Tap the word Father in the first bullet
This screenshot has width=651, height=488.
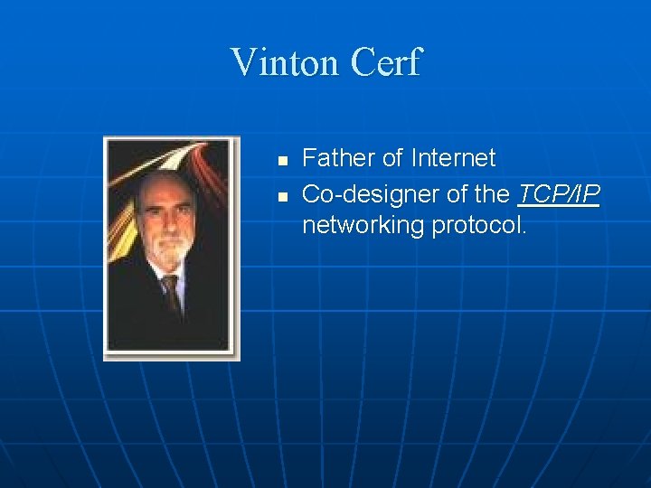[x=338, y=158]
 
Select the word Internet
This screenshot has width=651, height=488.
[x=453, y=158]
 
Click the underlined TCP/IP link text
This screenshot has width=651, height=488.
[x=559, y=193]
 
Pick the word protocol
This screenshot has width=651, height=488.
[x=478, y=225]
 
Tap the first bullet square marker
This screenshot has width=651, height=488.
[x=282, y=161]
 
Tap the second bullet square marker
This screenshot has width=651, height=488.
[x=282, y=195]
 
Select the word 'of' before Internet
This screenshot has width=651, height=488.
[x=392, y=158]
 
